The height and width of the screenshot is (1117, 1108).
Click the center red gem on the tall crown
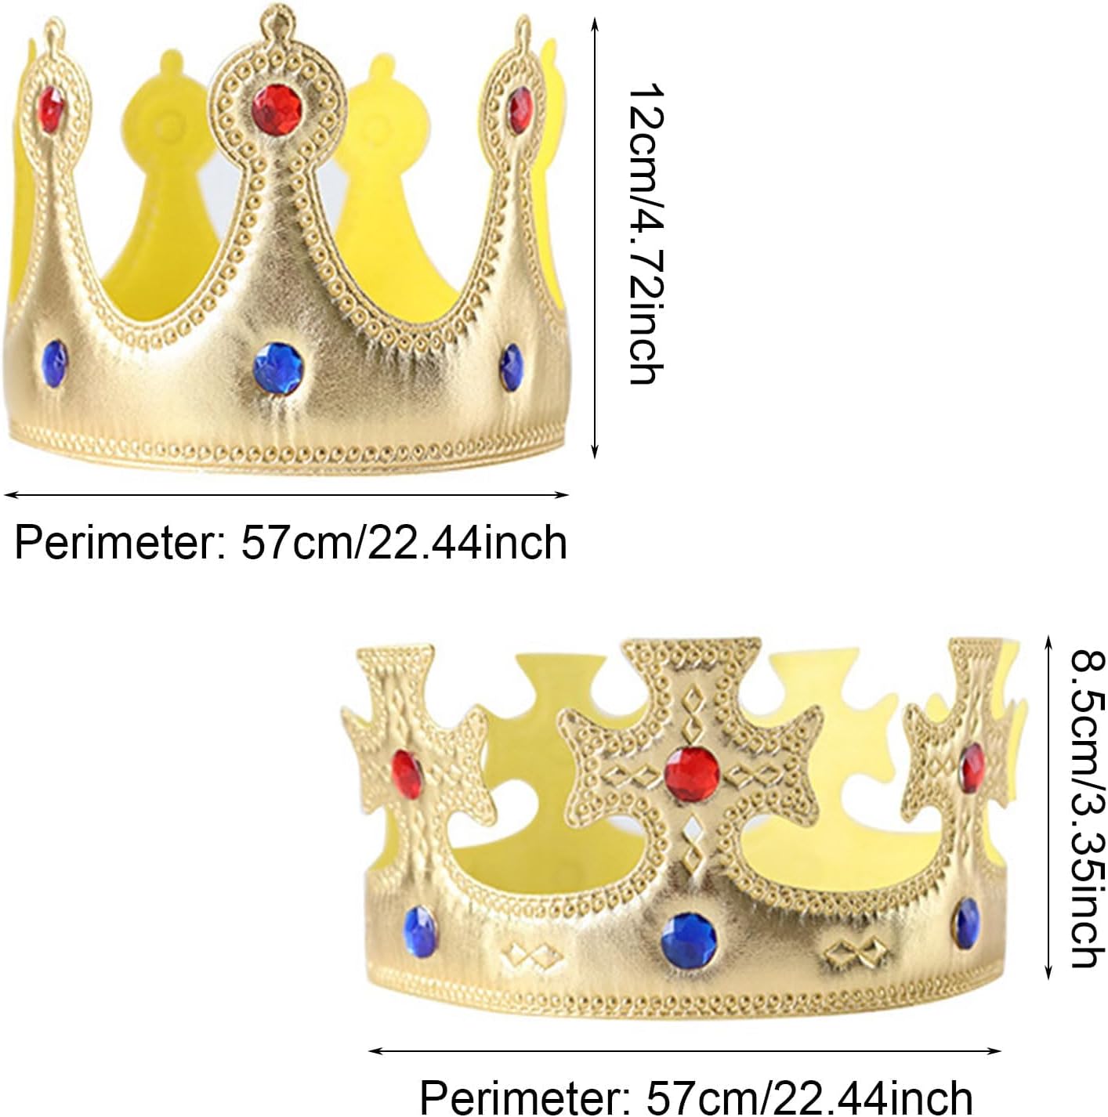278,107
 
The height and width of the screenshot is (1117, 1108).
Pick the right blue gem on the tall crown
511,367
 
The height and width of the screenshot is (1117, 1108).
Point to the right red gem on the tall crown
520,110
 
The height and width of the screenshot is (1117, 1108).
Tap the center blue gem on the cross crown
690,938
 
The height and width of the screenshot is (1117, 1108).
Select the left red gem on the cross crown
407,771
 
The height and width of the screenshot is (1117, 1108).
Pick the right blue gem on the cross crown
966,923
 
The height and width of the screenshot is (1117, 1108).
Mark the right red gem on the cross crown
972,768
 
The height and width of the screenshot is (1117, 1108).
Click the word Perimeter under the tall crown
114,542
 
